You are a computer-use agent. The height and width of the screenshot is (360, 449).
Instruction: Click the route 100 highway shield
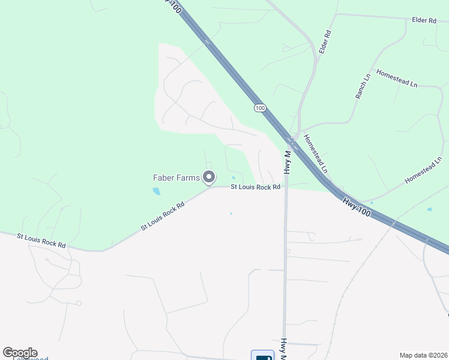[259, 107]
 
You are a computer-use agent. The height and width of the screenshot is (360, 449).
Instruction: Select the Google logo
[20, 353]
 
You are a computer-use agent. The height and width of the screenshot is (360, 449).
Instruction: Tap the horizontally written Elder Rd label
[424, 20]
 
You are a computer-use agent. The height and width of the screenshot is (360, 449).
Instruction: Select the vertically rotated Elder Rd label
[325, 42]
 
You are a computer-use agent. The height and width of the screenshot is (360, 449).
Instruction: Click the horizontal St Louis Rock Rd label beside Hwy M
[256, 187]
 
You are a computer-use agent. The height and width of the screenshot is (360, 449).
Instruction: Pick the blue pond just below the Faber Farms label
[157, 191]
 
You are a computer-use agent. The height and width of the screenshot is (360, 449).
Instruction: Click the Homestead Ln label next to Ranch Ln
[397, 78]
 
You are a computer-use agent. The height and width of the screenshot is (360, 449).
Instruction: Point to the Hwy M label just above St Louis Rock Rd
[287, 162]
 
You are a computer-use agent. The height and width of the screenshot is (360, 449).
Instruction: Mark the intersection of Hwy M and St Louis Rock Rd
[286, 188]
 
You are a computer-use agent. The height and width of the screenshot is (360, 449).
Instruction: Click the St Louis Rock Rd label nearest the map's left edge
[41, 241]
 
